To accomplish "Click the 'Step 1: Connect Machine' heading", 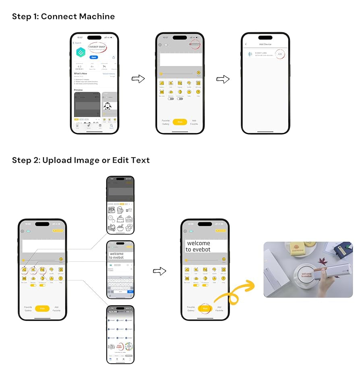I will point(63,17).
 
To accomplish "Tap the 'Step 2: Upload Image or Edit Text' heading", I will point(81,160).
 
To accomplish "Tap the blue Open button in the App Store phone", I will point(93,58).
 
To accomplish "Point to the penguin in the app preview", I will point(108,106).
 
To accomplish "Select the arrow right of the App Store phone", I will point(138,79).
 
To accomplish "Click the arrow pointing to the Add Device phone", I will point(223,79).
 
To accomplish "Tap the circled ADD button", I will point(280,54).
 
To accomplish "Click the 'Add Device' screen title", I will point(265,44).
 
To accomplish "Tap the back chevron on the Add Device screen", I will point(246,44).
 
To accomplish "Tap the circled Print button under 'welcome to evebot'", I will point(205,309).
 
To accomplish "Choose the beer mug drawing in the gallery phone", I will point(120,210).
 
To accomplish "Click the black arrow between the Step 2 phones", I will point(160,271).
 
